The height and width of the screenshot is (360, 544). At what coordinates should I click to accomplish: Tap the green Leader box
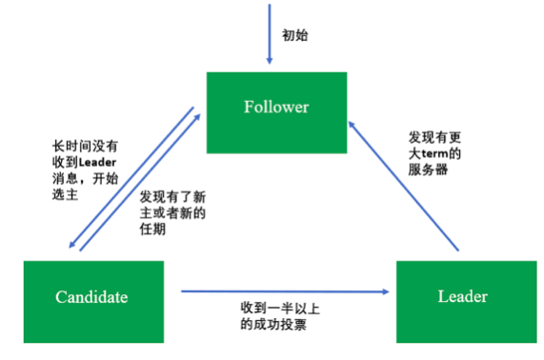tap(463, 298)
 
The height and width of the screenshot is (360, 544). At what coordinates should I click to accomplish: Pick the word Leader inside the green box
tap(463, 297)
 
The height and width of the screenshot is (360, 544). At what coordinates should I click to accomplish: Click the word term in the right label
tap(436, 153)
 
